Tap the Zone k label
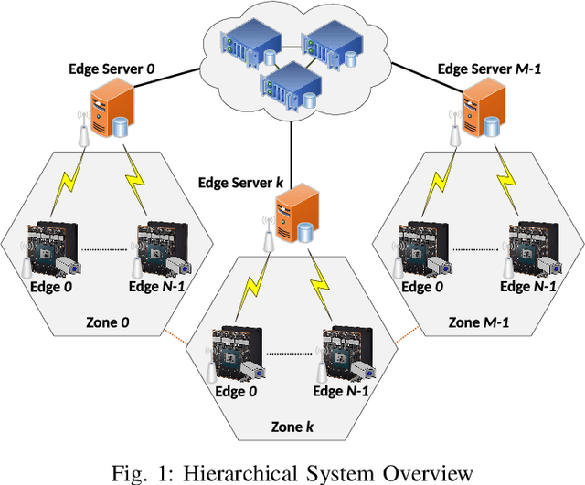(292, 424)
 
